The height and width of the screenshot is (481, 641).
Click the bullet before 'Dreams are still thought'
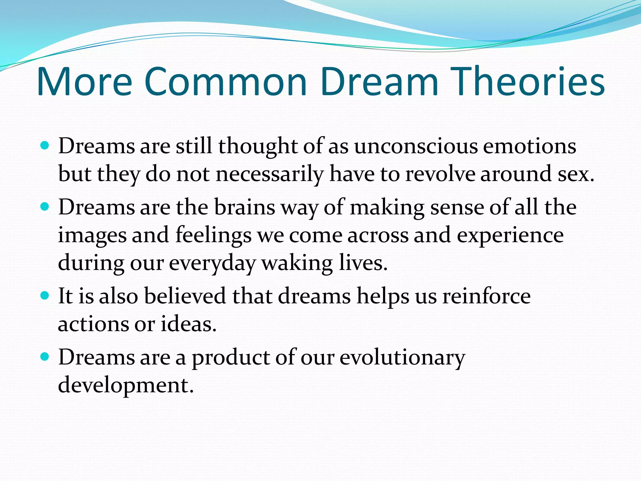coord(45,146)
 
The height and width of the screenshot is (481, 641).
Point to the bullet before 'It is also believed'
coord(45,295)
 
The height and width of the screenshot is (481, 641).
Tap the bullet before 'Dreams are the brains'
coord(45,207)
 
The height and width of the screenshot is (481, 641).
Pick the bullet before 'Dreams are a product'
coord(45,356)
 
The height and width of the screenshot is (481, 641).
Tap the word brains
coord(244,207)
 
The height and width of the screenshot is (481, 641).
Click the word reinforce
coord(486,296)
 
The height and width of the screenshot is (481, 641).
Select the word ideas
coord(188,324)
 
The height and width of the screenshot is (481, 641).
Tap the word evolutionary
coord(403,357)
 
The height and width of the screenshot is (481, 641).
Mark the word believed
coord(185,296)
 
